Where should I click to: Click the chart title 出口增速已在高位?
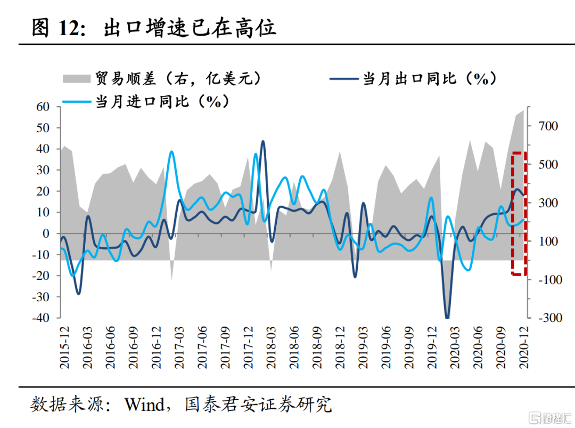190,28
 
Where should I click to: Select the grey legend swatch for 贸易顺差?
77,79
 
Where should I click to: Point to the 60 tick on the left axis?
43,107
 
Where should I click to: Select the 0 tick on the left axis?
46,233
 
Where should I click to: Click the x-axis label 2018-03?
271,346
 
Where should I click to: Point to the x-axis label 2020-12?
523,346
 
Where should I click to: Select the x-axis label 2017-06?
202,346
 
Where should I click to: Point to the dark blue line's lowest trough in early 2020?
447,318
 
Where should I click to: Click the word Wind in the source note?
144,405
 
